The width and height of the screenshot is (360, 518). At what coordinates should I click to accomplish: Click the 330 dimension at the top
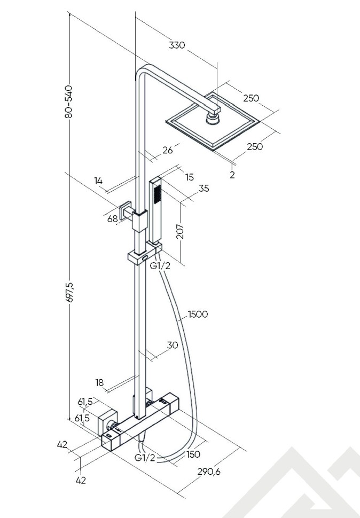coord(177,45)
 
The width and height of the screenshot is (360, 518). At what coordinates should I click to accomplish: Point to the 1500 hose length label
coord(198,314)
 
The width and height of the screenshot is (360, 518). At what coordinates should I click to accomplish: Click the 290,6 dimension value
coord(209,471)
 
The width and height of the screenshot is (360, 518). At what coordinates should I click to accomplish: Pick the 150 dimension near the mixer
coord(193,454)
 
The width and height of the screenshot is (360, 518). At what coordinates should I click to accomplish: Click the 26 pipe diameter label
coord(168,151)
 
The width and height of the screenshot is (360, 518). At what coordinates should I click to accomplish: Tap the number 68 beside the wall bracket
coord(112,219)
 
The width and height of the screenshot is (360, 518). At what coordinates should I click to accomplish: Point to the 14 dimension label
coord(98,180)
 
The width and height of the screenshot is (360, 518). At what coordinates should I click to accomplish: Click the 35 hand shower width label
coord(204,189)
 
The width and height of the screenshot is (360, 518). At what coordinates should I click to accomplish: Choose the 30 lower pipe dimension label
coord(172,346)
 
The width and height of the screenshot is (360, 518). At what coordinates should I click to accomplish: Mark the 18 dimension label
coord(99,382)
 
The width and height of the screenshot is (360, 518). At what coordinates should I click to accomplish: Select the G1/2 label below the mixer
coord(145,458)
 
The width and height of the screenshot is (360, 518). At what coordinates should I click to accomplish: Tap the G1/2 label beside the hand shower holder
coord(160,265)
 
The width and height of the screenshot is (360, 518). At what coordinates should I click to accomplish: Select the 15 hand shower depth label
coord(190,177)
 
